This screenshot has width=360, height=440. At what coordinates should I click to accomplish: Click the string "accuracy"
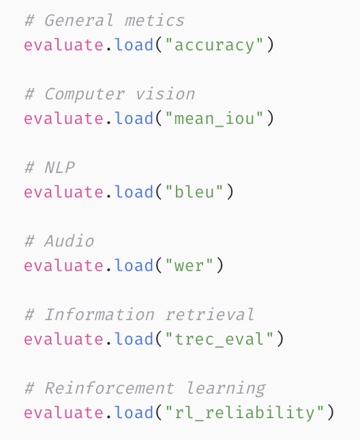214,45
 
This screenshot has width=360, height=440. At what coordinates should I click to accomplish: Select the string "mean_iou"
214,118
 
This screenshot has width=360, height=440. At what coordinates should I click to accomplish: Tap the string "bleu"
194,191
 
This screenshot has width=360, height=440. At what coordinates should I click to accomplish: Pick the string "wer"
189,265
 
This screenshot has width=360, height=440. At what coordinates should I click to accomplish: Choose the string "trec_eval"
220,339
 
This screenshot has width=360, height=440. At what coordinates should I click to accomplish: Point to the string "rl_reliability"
245,412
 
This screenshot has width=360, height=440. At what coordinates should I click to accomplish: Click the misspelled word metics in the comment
155,20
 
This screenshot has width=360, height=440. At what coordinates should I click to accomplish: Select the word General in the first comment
79,20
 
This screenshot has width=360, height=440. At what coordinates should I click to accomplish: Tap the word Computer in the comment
85,94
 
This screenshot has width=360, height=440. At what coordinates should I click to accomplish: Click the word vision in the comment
165,93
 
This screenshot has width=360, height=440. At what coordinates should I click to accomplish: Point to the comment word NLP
59,168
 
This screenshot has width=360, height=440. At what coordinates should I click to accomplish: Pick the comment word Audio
69,241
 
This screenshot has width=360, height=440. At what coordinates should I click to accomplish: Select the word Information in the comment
100,315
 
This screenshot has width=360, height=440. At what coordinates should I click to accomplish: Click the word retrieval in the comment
210,314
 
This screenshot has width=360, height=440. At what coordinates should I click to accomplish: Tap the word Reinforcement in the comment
109,388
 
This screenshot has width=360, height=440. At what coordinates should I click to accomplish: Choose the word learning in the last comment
226,389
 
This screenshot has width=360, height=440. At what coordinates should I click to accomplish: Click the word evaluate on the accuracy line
63,45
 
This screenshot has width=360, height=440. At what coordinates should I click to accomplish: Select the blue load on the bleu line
134,191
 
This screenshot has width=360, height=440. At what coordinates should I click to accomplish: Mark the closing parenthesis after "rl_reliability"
331,413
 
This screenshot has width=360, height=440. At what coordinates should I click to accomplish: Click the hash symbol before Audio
29,241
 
